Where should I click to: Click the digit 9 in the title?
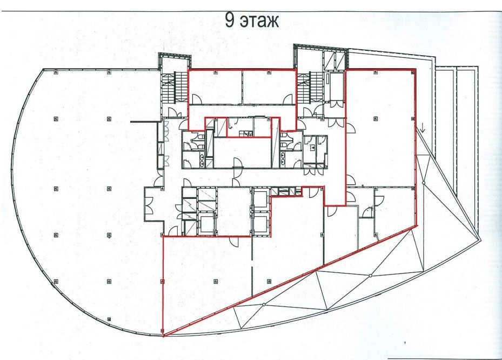pos(230,20)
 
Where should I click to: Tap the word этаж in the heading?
pos(259,22)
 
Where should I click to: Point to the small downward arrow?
pos(423,129)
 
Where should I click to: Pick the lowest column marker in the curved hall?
pos(109,319)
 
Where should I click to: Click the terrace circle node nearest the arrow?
pos(423,183)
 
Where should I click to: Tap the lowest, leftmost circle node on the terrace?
pos(264,304)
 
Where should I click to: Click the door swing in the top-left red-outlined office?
pos(197,99)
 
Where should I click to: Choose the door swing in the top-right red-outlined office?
pos(287,99)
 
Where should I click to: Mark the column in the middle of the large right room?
pos(376,119)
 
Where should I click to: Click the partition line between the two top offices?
pos(243,87)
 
